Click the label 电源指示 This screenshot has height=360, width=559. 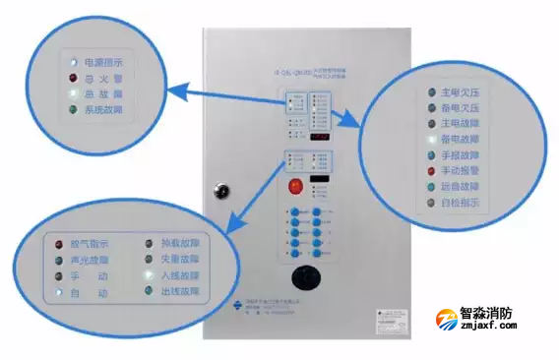pos(104,62)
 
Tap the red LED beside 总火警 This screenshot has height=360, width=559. pos(72,79)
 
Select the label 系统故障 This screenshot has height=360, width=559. pos(104,110)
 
